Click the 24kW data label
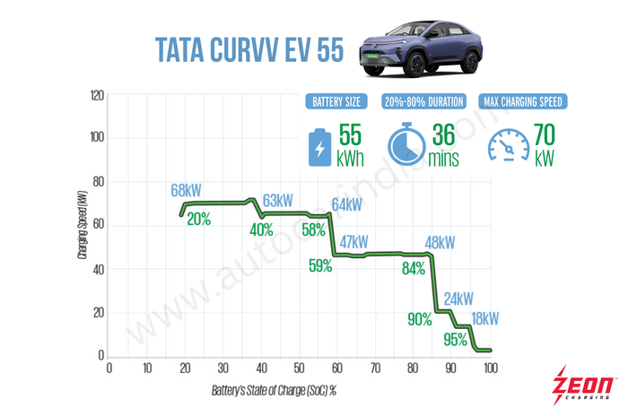pyautogui.click(x=458, y=299)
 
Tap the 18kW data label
pyautogui.click(x=485, y=318)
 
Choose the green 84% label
pyautogui.click(x=414, y=270)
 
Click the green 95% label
pyautogui.click(x=456, y=339)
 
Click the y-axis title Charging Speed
pyautogui.click(x=82, y=228)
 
